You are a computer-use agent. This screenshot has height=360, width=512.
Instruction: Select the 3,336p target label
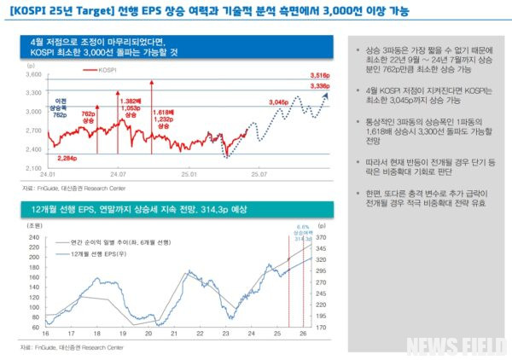coord(319,86)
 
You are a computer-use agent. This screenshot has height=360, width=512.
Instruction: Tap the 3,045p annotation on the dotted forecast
coord(279,102)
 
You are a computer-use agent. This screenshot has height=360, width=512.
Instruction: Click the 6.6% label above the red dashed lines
coord(300,227)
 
